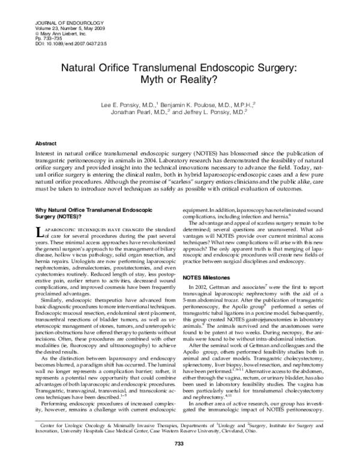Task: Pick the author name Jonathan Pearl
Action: (137, 112)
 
